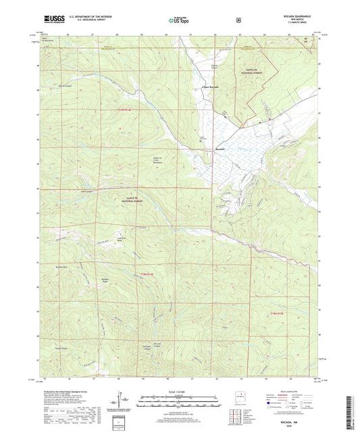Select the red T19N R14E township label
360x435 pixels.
point(136,109)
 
